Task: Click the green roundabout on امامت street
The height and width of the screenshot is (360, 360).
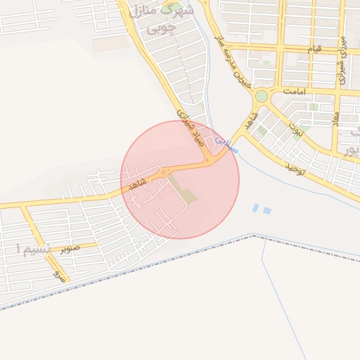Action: [262, 96]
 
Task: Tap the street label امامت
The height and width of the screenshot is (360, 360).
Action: [294, 91]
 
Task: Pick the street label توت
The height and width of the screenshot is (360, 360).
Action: [298, 129]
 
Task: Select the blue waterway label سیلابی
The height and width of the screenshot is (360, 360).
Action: [227, 144]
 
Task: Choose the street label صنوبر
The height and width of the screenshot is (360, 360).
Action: [70, 247]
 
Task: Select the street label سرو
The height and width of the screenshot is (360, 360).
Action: [58, 276]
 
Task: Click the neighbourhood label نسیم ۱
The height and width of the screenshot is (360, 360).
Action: [33, 250]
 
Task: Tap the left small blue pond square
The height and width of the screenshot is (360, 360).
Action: [256, 207]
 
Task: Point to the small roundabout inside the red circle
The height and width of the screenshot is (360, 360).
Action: [164, 172]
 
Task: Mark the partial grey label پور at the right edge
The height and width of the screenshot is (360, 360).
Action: [349, 150]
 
